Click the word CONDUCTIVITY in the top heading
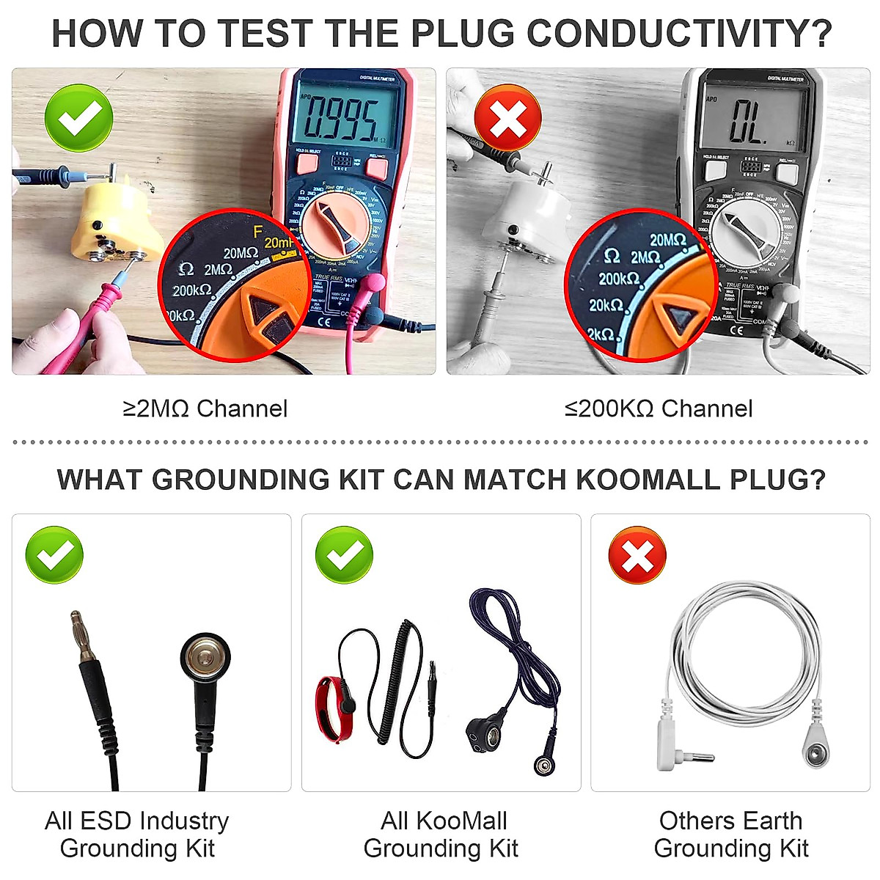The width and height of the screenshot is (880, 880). tap(679, 34)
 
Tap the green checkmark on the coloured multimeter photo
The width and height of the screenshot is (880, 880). tap(79, 118)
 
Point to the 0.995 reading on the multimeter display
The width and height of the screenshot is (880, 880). tap(342, 118)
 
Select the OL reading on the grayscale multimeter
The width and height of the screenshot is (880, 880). tap(748, 121)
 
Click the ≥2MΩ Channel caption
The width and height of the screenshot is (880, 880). tap(205, 408)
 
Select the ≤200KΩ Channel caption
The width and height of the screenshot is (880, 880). tap(659, 408)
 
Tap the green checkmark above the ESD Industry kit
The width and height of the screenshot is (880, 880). tap(54, 555)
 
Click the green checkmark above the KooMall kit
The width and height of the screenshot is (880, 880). tap(344, 555)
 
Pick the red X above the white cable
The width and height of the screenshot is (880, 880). tap(637, 555)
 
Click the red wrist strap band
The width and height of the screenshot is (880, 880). tap(334, 707)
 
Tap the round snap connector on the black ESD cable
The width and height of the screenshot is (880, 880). tap(205, 655)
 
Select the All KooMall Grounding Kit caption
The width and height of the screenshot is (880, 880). tap(441, 835)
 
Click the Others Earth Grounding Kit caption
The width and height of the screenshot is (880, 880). tap(730, 835)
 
